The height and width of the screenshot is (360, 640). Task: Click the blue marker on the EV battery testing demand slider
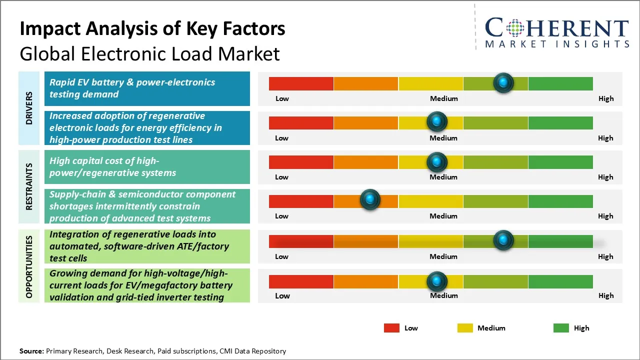(503, 82)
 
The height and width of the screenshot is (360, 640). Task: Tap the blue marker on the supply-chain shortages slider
(370, 200)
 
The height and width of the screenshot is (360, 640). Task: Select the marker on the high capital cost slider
(436, 161)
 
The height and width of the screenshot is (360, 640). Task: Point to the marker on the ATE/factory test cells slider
(503, 240)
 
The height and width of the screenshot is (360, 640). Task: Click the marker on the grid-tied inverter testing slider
(436, 281)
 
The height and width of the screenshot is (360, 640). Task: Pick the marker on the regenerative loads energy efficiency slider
(436, 121)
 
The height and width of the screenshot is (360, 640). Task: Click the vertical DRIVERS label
(29, 108)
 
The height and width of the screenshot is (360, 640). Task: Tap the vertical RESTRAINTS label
(29, 186)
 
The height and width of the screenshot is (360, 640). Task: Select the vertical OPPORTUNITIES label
(29, 266)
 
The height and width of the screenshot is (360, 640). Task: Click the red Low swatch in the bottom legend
(391, 328)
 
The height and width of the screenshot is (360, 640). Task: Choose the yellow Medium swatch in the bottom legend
(465, 328)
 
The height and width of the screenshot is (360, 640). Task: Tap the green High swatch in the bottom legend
(561, 328)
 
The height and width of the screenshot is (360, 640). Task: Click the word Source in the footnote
(31, 351)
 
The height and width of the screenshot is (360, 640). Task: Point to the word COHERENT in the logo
(556, 28)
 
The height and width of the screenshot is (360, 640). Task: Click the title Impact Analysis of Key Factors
(152, 29)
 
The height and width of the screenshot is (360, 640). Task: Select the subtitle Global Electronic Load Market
(149, 53)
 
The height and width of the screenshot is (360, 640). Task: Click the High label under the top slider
(605, 98)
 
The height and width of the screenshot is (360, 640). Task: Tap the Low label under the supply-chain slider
(281, 216)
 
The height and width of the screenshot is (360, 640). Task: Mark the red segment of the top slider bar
(301, 83)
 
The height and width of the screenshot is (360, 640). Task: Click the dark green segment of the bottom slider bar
(560, 281)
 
